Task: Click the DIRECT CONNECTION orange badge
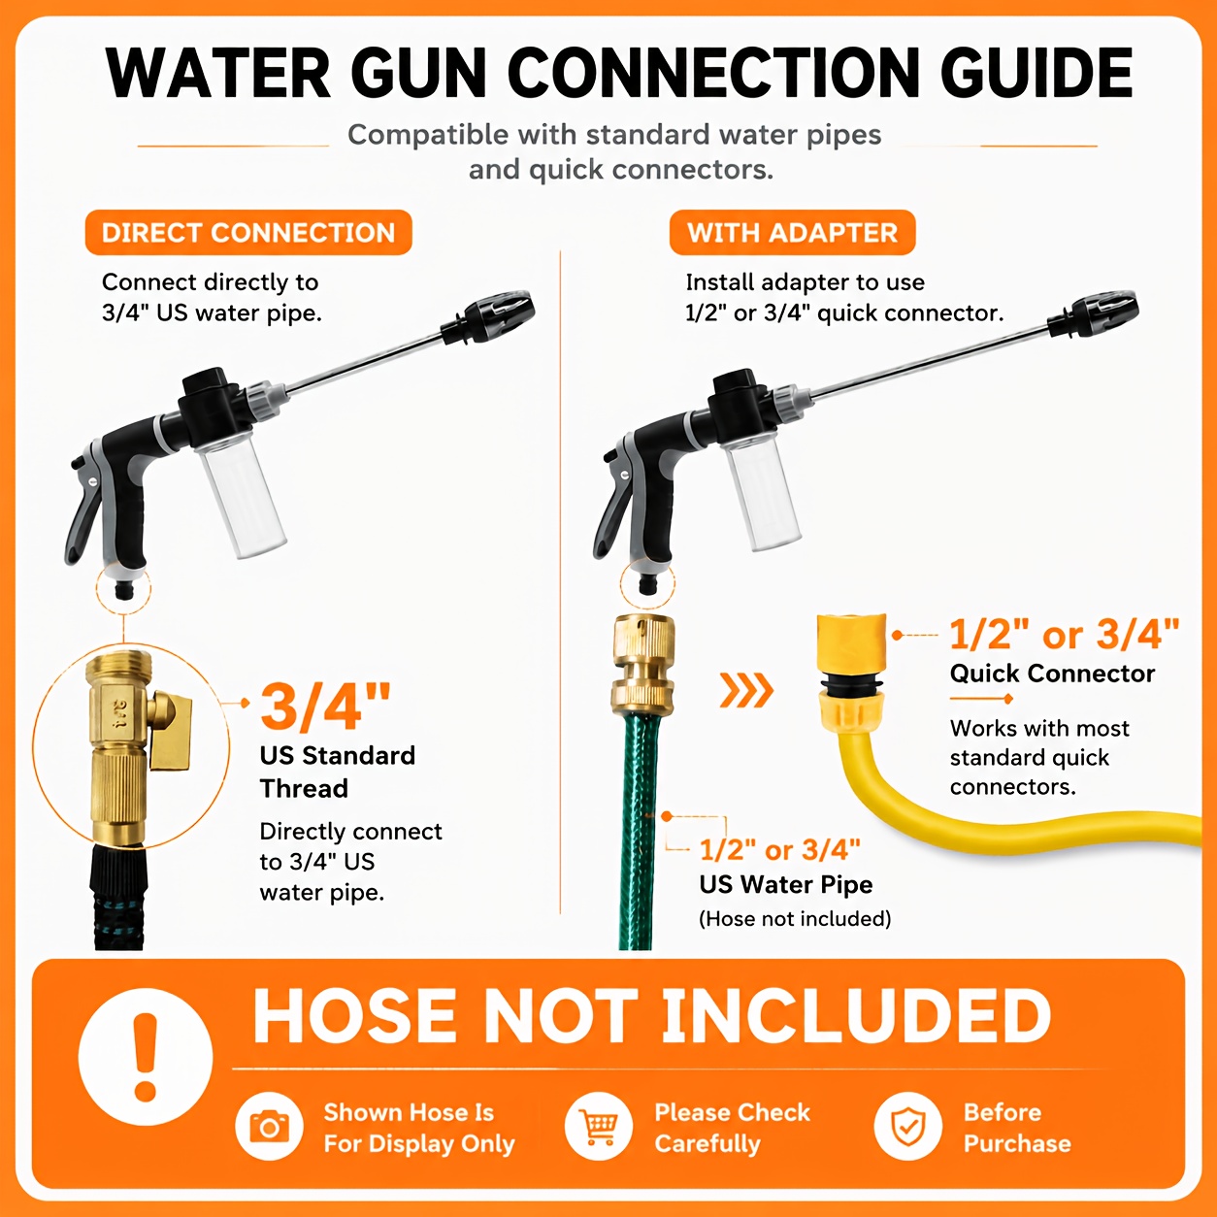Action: pos(248,232)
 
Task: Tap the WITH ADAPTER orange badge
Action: pos(792,232)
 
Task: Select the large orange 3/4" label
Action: pos(325,707)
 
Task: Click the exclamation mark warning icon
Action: pos(146,1057)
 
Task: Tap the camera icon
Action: pos(269,1127)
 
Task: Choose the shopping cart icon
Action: pos(599,1127)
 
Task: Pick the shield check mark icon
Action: pos(908,1127)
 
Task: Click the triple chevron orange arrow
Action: pos(746,690)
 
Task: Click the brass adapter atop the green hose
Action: pos(642,665)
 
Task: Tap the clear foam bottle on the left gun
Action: pos(241,496)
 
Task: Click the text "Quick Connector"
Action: pos(1052,674)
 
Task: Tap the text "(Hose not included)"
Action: pos(795,919)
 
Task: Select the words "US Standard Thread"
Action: pos(338,772)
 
